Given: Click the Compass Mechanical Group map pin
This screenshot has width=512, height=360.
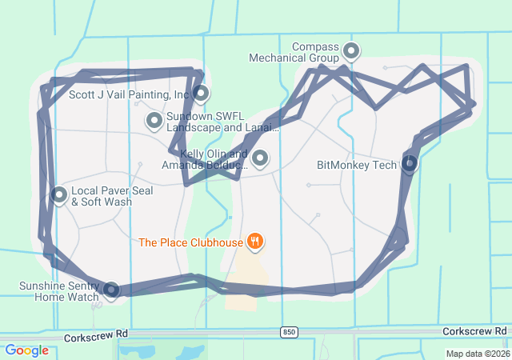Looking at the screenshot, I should point(350,52).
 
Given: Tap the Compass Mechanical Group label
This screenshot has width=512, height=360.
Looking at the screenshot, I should point(294,53).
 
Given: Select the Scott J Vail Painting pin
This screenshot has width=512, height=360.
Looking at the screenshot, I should point(200,93).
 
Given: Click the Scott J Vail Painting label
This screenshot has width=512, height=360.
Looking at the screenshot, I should point(128,94).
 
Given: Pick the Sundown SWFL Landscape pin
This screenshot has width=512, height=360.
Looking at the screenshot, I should point(154,120).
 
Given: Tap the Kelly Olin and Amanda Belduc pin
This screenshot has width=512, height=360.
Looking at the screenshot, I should point(259,158).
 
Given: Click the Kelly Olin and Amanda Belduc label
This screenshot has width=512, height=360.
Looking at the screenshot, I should point(203,159).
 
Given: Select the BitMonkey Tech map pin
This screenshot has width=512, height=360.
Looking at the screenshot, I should point(409,164).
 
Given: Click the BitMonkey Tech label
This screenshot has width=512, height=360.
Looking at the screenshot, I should point(357,166).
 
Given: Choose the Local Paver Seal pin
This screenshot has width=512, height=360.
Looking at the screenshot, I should point(59,194).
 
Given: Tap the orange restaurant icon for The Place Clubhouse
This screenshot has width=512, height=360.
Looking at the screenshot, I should point(255,240).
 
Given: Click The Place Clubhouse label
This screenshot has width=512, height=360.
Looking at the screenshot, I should point(190,242).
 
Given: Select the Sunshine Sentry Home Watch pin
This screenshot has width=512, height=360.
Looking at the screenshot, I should point(111,290).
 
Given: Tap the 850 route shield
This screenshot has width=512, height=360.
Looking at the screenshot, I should point(288,331).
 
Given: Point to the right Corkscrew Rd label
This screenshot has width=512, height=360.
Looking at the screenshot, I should point(474,330).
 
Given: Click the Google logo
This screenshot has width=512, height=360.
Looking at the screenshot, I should point(26,350).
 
